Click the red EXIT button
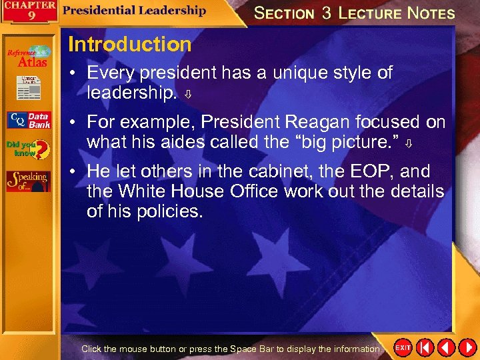(x=403, y=348)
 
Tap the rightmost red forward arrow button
(x=467, y=348)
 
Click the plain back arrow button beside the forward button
(x=446, y=348)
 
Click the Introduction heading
(x=129, y=45)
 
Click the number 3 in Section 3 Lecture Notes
(x=327, y=13)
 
